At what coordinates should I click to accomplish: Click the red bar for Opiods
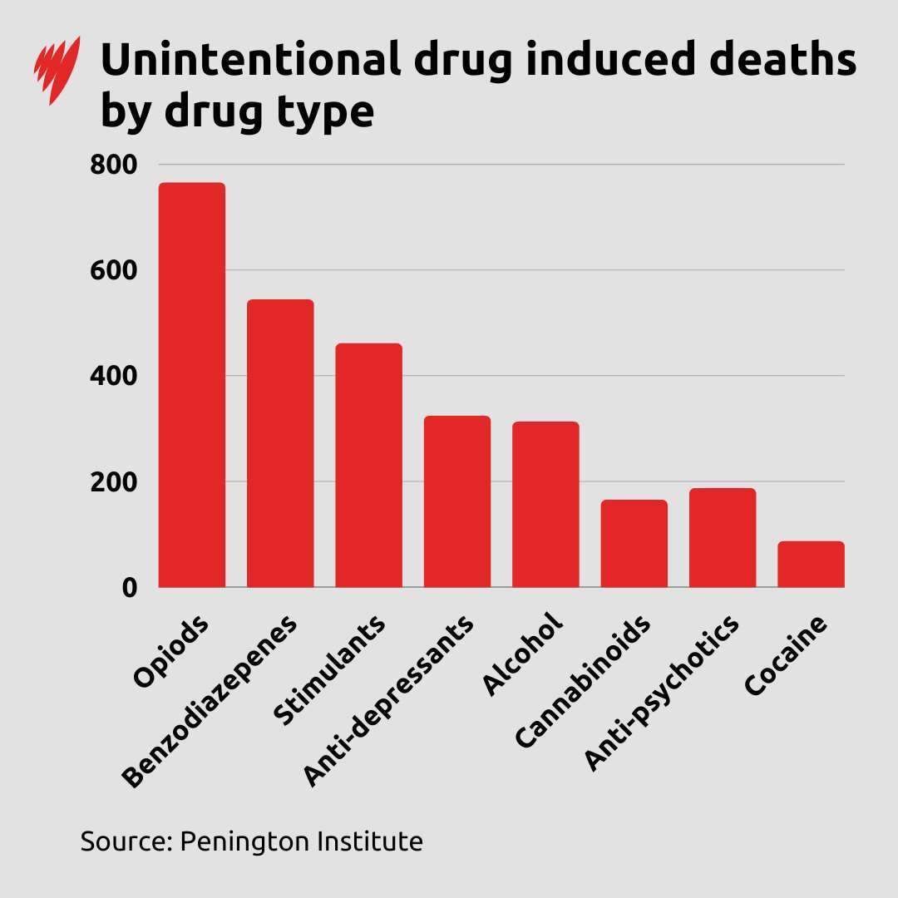[x=191, y=385]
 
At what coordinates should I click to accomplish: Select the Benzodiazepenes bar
[x=280, y=443]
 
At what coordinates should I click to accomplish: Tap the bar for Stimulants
[x=368, y=465]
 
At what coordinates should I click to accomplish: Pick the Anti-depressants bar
[x=456, y=501]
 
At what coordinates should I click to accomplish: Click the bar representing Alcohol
[x=545, y=505]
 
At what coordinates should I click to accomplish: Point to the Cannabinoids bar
[x=634, y=544]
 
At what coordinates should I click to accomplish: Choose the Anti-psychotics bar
[x=722, y=538]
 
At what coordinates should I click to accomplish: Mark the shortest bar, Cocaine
[x=811, y=565]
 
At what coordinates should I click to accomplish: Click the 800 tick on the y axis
[x=113, y=165]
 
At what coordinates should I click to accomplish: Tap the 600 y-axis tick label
[x=113, y=270]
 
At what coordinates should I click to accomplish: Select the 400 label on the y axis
[x=113, y=376]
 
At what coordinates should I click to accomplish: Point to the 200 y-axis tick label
[x=113, y=481]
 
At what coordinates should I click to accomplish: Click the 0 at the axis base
[x=128, y=587]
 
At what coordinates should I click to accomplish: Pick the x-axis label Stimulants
[x=330, y=672]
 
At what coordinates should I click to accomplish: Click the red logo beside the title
[x=57, y=70]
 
